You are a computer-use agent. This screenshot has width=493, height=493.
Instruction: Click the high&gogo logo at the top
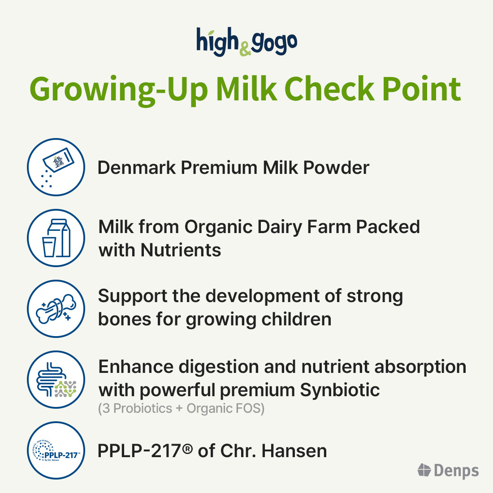coord(246,42)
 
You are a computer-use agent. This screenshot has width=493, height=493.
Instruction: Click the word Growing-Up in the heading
coord(118,89)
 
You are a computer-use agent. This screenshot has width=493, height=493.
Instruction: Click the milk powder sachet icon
coord(56,167)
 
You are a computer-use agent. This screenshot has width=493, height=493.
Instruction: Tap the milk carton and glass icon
coord(56,238)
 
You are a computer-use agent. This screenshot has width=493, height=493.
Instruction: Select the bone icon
coord(56,309)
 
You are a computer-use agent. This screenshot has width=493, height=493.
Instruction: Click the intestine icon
coord(56,380)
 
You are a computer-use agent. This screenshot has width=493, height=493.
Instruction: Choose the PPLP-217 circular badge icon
coord(56,450)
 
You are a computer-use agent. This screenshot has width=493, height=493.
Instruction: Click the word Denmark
coord(136,168)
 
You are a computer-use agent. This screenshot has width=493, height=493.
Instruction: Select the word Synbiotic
coord(340,390)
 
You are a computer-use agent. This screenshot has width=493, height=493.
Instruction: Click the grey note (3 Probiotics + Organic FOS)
coord(181,409)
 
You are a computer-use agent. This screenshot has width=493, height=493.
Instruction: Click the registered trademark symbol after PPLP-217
coord(188,448)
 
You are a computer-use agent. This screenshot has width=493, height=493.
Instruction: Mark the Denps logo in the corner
coord(448,471)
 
